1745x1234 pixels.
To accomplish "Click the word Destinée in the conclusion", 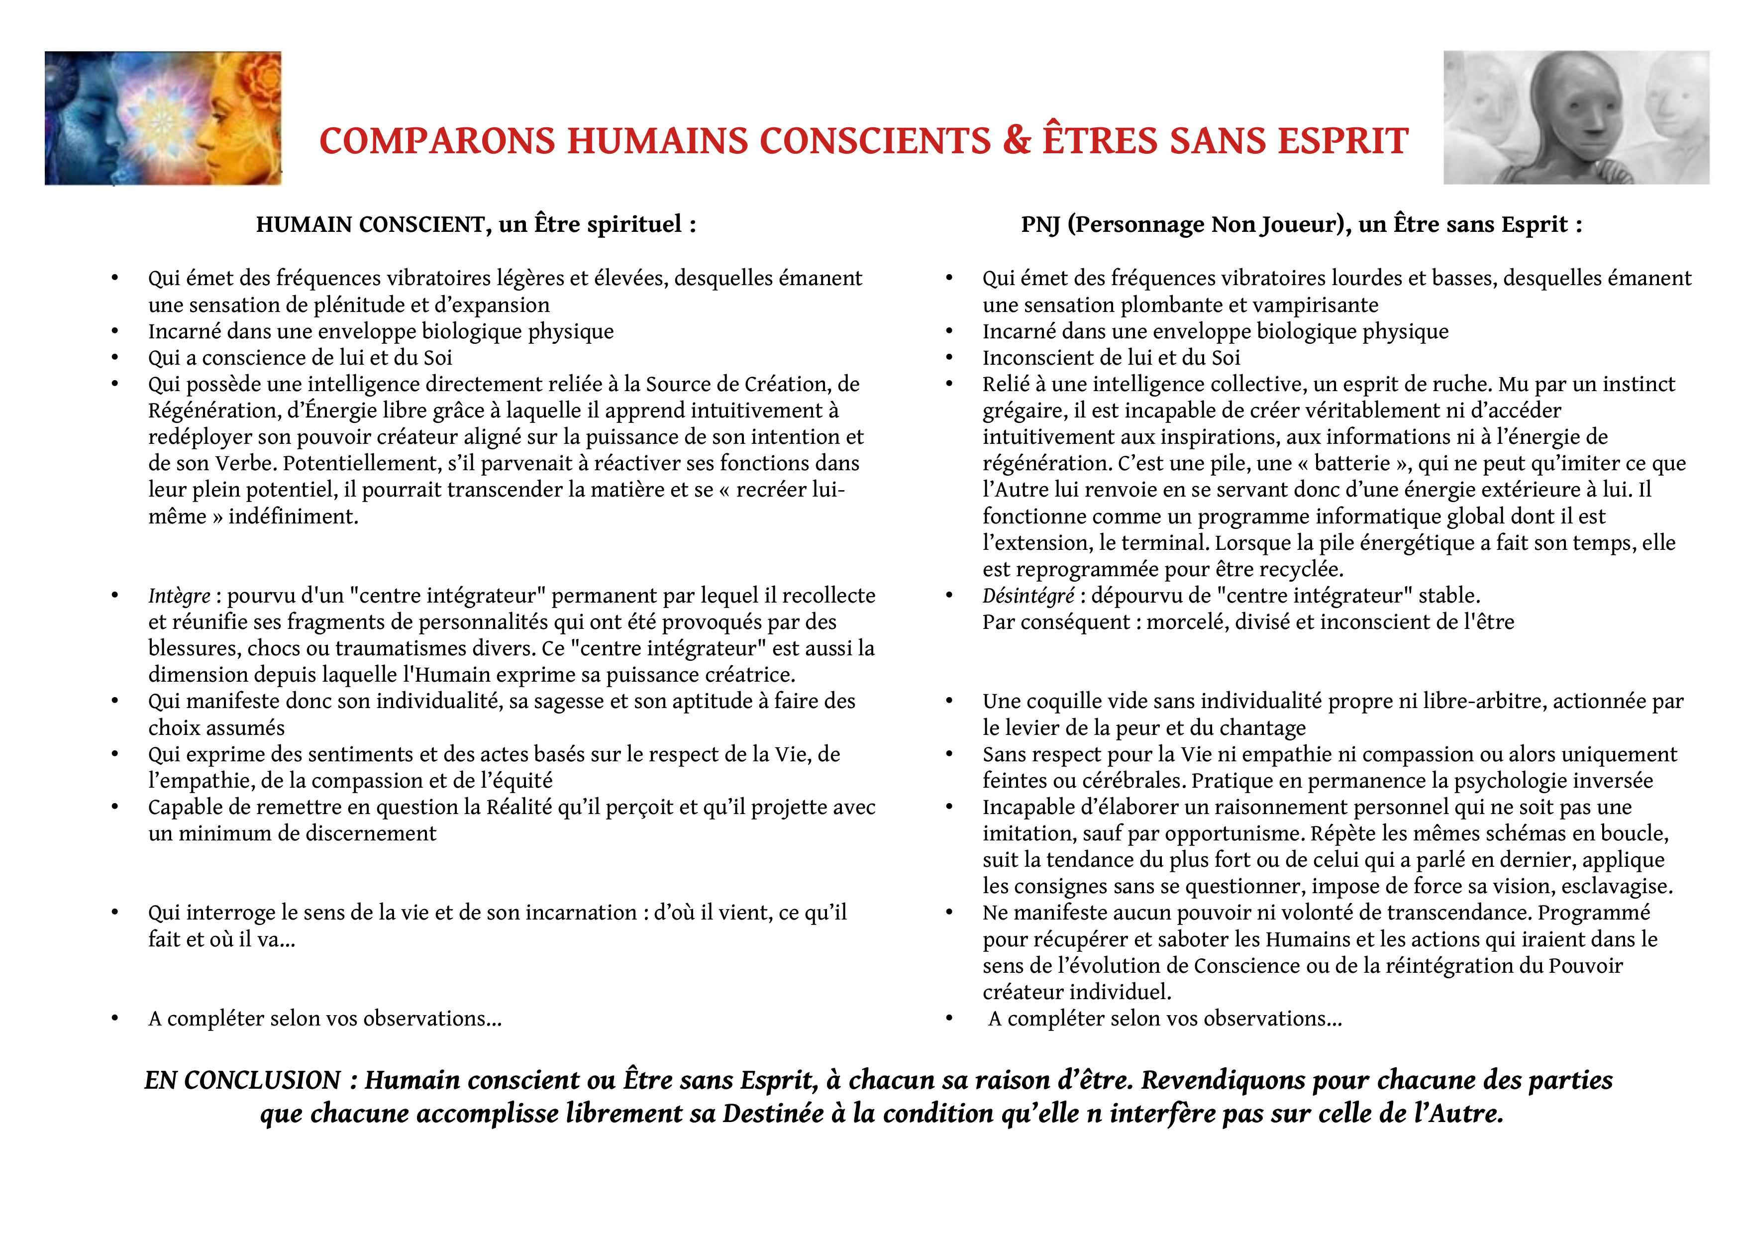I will tap(772, 1114).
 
